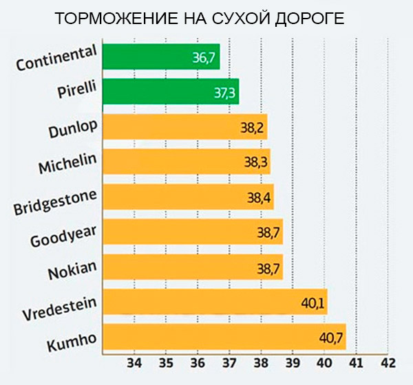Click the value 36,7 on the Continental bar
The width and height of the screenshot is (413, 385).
[204, 58]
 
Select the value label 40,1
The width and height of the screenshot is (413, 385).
[313, 302]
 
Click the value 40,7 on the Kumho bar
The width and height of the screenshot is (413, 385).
[331, 338]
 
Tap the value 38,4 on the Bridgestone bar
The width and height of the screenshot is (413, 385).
[260, 197]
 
